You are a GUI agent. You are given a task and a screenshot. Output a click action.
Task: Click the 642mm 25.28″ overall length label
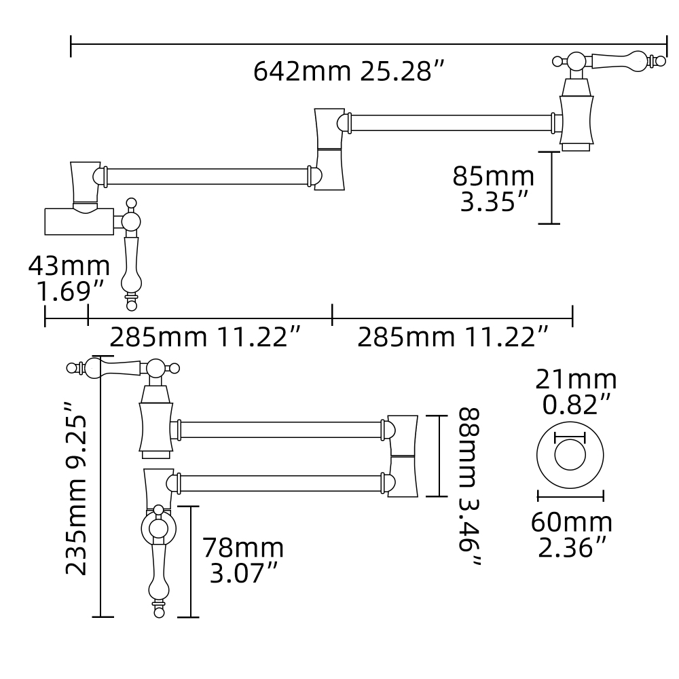(349, 71)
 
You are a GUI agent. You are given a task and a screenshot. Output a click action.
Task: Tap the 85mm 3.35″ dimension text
(494, 189)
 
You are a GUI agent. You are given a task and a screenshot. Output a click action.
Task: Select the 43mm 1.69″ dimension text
(69, 278)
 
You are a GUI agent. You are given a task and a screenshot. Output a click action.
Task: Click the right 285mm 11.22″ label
(453, 337)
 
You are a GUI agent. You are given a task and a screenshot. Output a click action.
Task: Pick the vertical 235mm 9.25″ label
(77, 488)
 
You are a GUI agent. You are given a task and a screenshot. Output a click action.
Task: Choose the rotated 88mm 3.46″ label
(469, 488)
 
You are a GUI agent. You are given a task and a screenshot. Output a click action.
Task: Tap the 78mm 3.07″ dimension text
(243, 560)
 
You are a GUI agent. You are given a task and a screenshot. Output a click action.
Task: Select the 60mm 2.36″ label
(572, 534)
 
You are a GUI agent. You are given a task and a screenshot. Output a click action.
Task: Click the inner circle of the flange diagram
(570, 455)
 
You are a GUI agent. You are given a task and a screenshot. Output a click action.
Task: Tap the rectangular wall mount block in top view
(79, 221)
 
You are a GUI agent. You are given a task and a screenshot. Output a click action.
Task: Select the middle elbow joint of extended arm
(330, 149)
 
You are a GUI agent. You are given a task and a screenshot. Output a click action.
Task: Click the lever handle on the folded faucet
(115, 368)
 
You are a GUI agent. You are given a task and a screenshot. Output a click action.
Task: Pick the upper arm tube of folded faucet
(280, 430)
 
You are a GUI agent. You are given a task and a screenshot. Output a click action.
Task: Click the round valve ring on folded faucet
(158, 528)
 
